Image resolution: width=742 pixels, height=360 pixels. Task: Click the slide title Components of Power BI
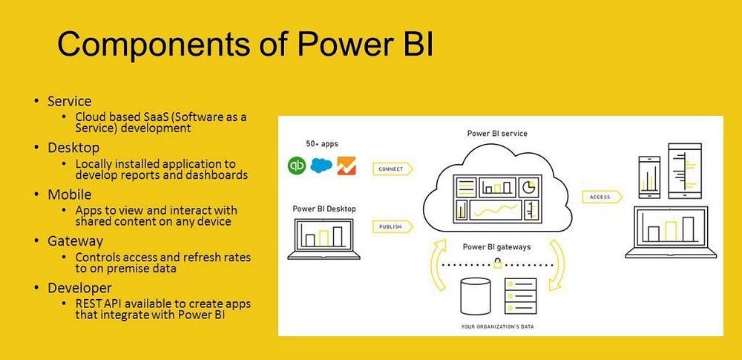click(245, 46)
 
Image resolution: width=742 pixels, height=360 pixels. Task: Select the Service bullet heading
click(70, 101)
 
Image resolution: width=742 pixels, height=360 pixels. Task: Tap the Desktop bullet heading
click(73, 148)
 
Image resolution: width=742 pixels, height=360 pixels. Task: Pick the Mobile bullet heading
click(70, 194)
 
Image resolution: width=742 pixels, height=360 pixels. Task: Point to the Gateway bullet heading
click(75, 241)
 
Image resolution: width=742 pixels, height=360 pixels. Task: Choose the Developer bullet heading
click(79, 287)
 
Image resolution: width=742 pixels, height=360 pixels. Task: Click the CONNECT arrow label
click(391, 168)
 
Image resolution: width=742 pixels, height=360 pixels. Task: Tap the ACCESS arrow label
click(600, 197)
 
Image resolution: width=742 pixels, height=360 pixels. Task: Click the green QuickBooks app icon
click(298, 166)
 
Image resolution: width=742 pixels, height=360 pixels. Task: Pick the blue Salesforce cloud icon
click(321, 166)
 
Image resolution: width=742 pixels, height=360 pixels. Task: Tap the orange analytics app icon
click(346, 166)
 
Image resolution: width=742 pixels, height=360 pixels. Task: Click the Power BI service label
click(497, 134)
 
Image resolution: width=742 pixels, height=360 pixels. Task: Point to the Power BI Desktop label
click(324, 209)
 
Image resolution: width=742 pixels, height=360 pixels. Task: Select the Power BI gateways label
click(496, 246)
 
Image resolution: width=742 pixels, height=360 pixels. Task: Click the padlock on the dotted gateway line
click(496, 263)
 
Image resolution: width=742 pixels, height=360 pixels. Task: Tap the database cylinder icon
click(475, 295)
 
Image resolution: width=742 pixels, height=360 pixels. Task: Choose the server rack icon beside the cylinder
click(519, 295)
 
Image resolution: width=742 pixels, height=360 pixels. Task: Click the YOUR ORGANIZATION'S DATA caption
click(497, 327)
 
